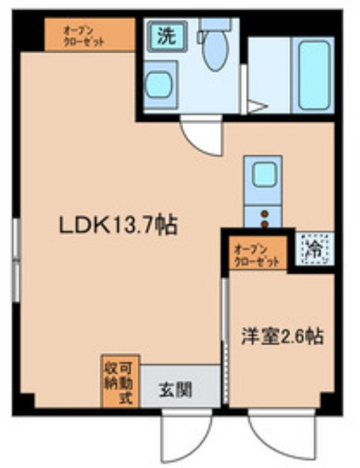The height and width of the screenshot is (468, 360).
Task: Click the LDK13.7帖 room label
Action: pos(117,225)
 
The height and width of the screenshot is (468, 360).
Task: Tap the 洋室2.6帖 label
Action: pos(281,337)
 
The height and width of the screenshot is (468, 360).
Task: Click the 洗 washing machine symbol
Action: pos(167,37)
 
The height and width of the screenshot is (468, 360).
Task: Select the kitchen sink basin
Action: pos(262,174)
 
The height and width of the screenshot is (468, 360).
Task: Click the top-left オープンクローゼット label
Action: pos(90,35)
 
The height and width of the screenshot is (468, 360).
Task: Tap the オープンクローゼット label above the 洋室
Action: pos(258,254)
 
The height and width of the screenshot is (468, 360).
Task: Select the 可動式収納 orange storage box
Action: pos(120,381)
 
